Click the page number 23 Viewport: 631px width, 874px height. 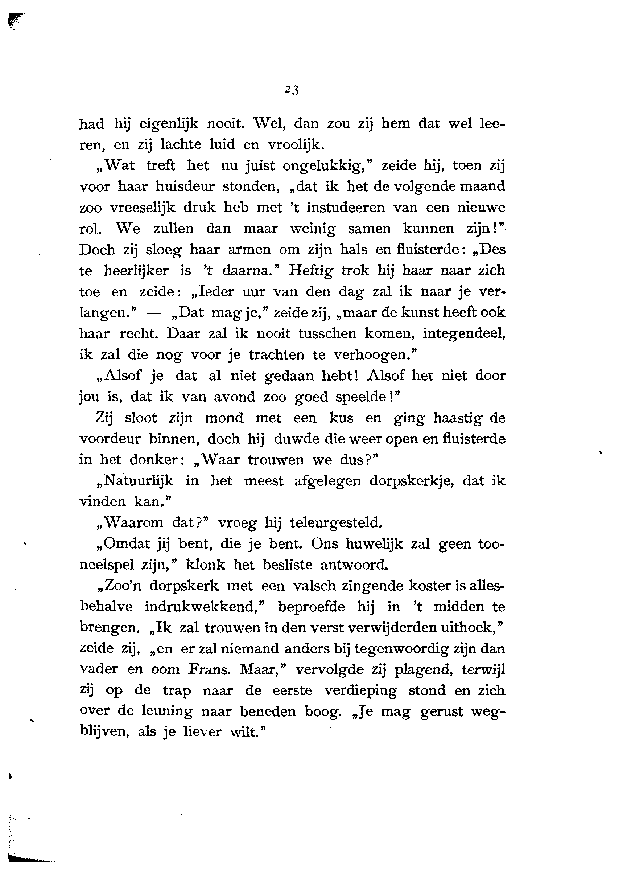pyautogui.click(x=292, y=90)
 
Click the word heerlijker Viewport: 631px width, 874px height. pyautogui.click(x=136, y=271)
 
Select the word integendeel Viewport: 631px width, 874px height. pyautogui.click(x=463, y=334)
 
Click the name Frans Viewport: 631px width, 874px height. pyautogui.click(x=210, y=670)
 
